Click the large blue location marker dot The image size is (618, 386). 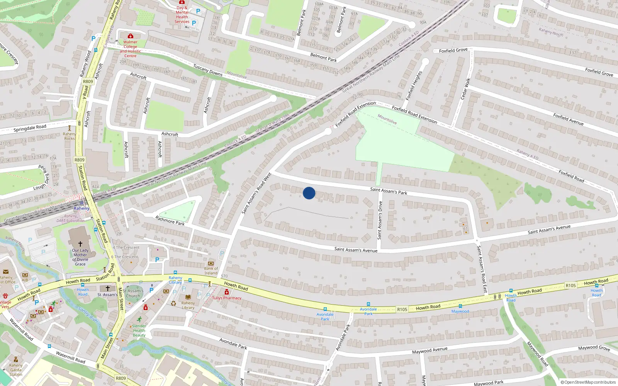tap(309, 193)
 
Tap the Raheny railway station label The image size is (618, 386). tap(81, 208)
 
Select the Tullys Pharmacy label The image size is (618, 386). tap(227, 298)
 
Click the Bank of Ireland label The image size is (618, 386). tap(211, 271)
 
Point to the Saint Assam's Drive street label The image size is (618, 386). tap(380, 220)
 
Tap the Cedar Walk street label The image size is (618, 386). tap(465, 89)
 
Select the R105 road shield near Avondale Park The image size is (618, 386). tap(402, 309)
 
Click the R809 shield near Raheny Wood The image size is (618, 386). tap(88, 81)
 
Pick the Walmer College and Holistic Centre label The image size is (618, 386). tap(131, 49)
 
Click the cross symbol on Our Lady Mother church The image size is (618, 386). tap(80, 244)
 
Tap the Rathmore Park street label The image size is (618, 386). tap(170, 221)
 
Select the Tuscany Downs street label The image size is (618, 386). tap(208, 70)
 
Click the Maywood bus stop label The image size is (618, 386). tap(460, 311)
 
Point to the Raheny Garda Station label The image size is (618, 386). tap(16, 370)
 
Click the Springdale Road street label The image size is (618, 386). tap(30, 128)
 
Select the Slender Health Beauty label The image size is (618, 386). tap(139, 330)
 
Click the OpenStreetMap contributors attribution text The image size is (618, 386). tap(588, 382)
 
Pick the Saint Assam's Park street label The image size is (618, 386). tap(389, 191)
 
